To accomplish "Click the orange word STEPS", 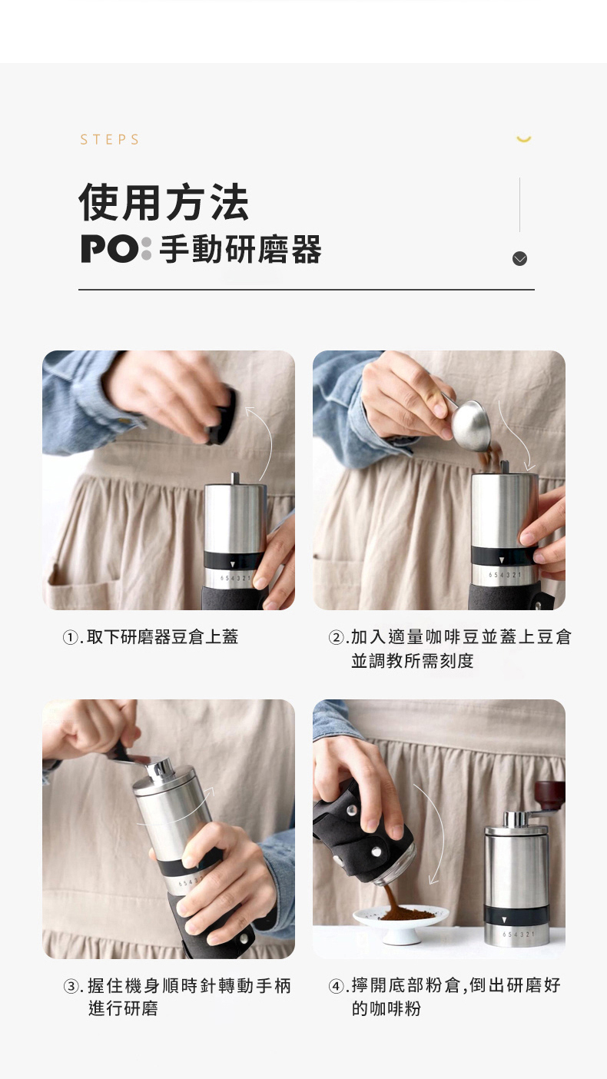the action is [x=109, y=140].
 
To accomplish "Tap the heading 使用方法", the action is [x=164, y=202].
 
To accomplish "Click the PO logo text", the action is [x=116, y=249].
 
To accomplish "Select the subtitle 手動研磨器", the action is [x=240, y=249].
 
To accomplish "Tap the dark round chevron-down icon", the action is [x=520, y=259].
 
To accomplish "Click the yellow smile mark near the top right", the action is [x=524, y=139].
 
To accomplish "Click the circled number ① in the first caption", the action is [x=71, y=638].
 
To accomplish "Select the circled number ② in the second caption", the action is [x=336, y=638].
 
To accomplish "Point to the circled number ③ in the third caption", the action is [x=71, y=987].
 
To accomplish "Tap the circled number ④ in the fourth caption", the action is [x=337, y=986].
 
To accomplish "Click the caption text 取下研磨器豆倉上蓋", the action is [x=162, y=637].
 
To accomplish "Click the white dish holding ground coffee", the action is [x=401, y=923].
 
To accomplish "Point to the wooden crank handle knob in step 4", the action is [x=550, y=796].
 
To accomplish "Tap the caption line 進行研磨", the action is [x=124, y=1008].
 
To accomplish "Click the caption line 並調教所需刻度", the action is [x=413, y=660].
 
